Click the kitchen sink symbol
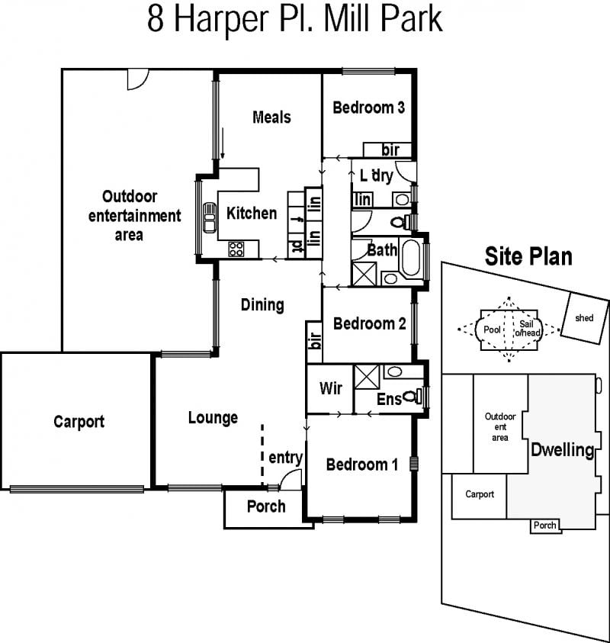tap(210, 217)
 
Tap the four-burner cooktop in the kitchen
tap(236, 249)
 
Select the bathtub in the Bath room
tap(411, 258)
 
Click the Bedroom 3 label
tap(368, 108)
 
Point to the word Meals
tap(271, 117)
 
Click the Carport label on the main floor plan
tap(79, 422)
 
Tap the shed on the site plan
tap(585, 319)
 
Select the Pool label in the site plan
tap(492, 330)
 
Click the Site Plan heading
tap(528, 256)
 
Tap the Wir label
tap(330, 388)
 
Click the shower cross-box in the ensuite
tap(367, 377)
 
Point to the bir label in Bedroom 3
tap(390, 150)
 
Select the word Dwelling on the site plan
tap(563, 450)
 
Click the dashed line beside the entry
tap(262, 455)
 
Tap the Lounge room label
tap(213, 417)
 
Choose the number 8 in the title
tap(156, 19)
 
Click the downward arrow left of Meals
tap(223, 143)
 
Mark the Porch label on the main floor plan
tap(266, 506)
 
